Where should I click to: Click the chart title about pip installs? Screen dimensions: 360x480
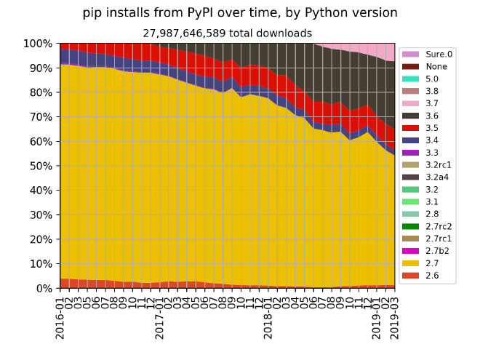click(240, 13)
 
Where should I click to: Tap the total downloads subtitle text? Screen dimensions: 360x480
click(227, 33)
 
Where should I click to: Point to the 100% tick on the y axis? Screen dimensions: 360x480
click(38, 44)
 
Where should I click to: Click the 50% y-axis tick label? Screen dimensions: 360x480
click(41, 166)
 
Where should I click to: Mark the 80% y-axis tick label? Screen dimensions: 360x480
click(41, 92)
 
